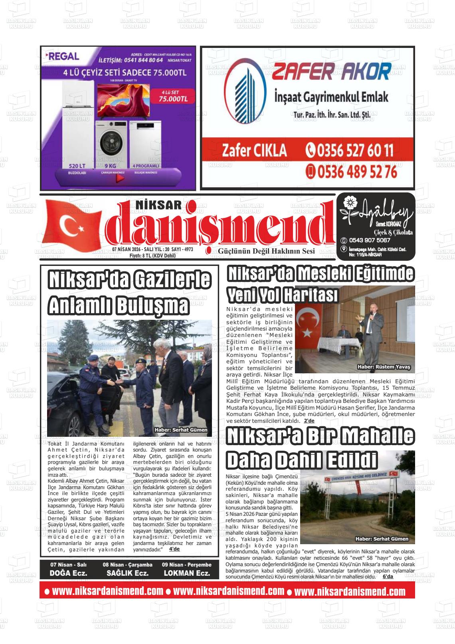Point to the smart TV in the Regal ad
124,99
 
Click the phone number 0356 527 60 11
350,151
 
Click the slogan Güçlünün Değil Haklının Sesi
266,251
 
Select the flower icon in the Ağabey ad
349,202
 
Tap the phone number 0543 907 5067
370,240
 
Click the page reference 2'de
309,421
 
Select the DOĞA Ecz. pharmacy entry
68,573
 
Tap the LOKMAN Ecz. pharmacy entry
186,573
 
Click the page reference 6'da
388,577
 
